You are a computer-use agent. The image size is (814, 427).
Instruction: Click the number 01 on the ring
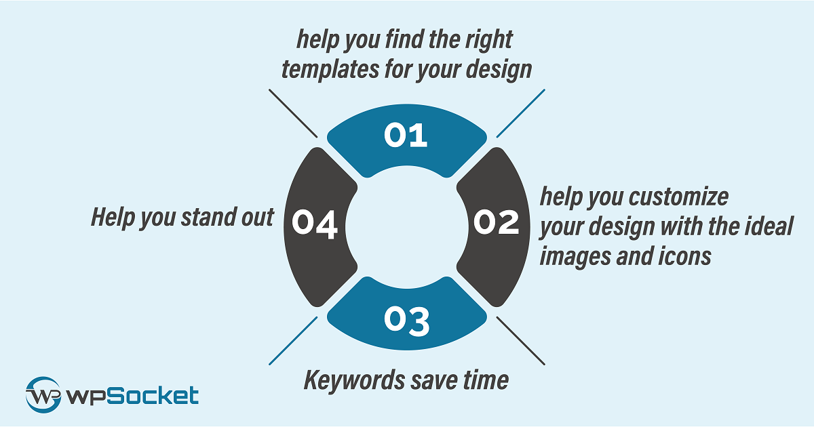[x=406, y=135]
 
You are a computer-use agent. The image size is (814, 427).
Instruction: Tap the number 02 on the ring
[x=497, y=222]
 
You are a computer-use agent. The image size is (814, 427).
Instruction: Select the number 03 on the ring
[x=407, y=320]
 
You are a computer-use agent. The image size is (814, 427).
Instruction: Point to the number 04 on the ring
[x=315, y=225]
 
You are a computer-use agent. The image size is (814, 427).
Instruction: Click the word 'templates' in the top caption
[x=330, y=69]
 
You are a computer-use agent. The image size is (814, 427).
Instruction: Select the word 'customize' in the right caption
[x=679, y=197]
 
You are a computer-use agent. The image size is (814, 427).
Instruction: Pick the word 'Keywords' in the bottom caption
[x=354, y=380]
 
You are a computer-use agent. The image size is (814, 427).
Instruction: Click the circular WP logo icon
[x=43, y=394]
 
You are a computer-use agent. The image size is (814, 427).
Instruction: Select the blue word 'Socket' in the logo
[x=153, y=396]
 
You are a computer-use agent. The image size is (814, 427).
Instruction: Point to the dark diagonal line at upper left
[x=293, y=113]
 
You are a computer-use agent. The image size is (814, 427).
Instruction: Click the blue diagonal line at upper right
[x=521, y=113]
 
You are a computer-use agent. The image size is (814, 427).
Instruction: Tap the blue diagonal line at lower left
[x=293, y=340]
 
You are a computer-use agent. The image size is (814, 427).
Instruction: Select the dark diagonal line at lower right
[x=521, y=340]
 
